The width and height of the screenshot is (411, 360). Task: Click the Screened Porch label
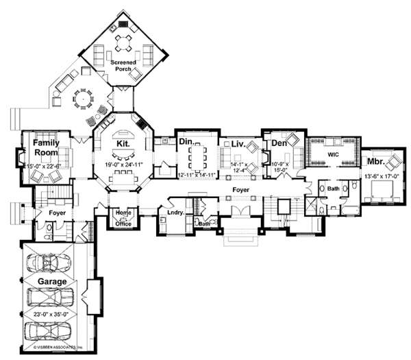click(124, 67)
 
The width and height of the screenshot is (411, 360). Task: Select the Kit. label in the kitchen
click(123, 144)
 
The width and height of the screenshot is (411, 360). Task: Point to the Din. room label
click(186, 141)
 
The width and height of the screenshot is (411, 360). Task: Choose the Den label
click(278, 143)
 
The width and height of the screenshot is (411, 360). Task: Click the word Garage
click(52, 281)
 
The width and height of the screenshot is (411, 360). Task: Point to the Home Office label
click(123, 216)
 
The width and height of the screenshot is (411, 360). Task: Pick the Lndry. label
click(175, 213)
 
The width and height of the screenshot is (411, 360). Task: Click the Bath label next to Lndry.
click(203, 223)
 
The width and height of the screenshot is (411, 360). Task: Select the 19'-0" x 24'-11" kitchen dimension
click(124, 166)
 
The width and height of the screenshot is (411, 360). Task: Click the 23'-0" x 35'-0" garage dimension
click(52, 315)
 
